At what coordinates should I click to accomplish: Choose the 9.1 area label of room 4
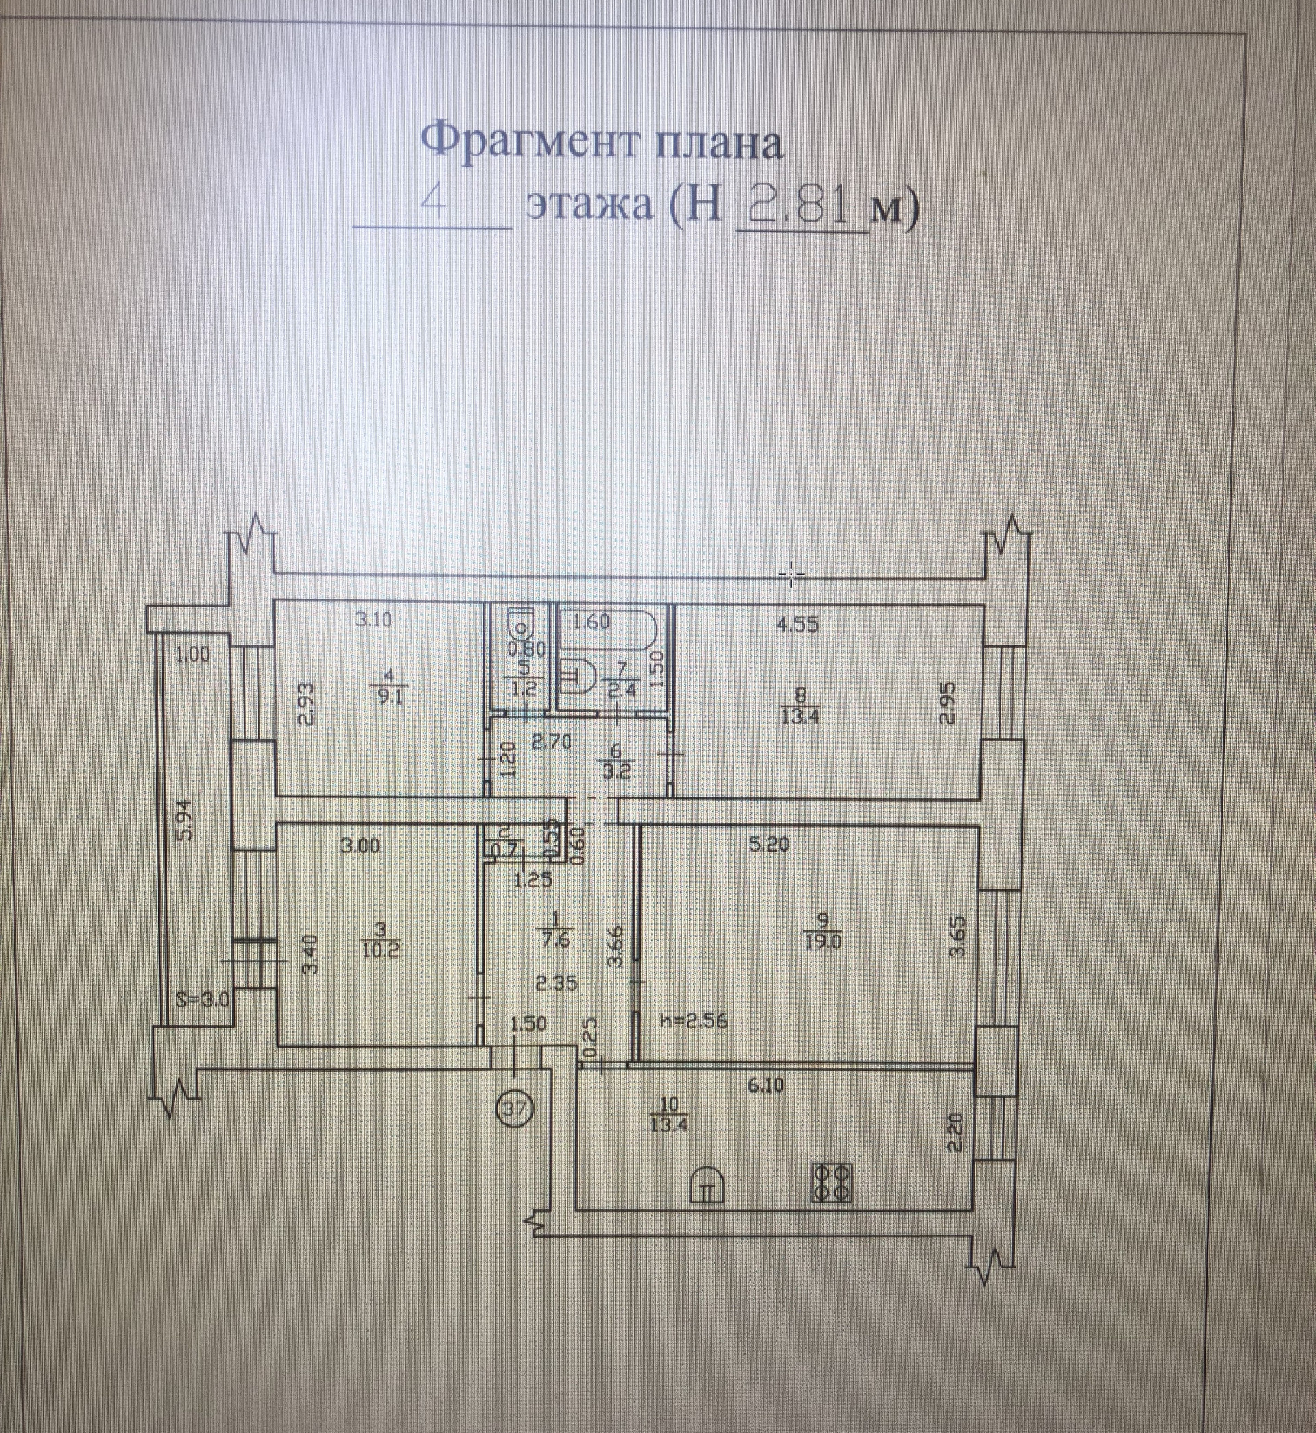390,698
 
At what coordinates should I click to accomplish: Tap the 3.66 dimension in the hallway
617,946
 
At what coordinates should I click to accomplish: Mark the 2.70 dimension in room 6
552,742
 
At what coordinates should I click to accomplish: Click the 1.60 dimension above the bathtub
591,622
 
